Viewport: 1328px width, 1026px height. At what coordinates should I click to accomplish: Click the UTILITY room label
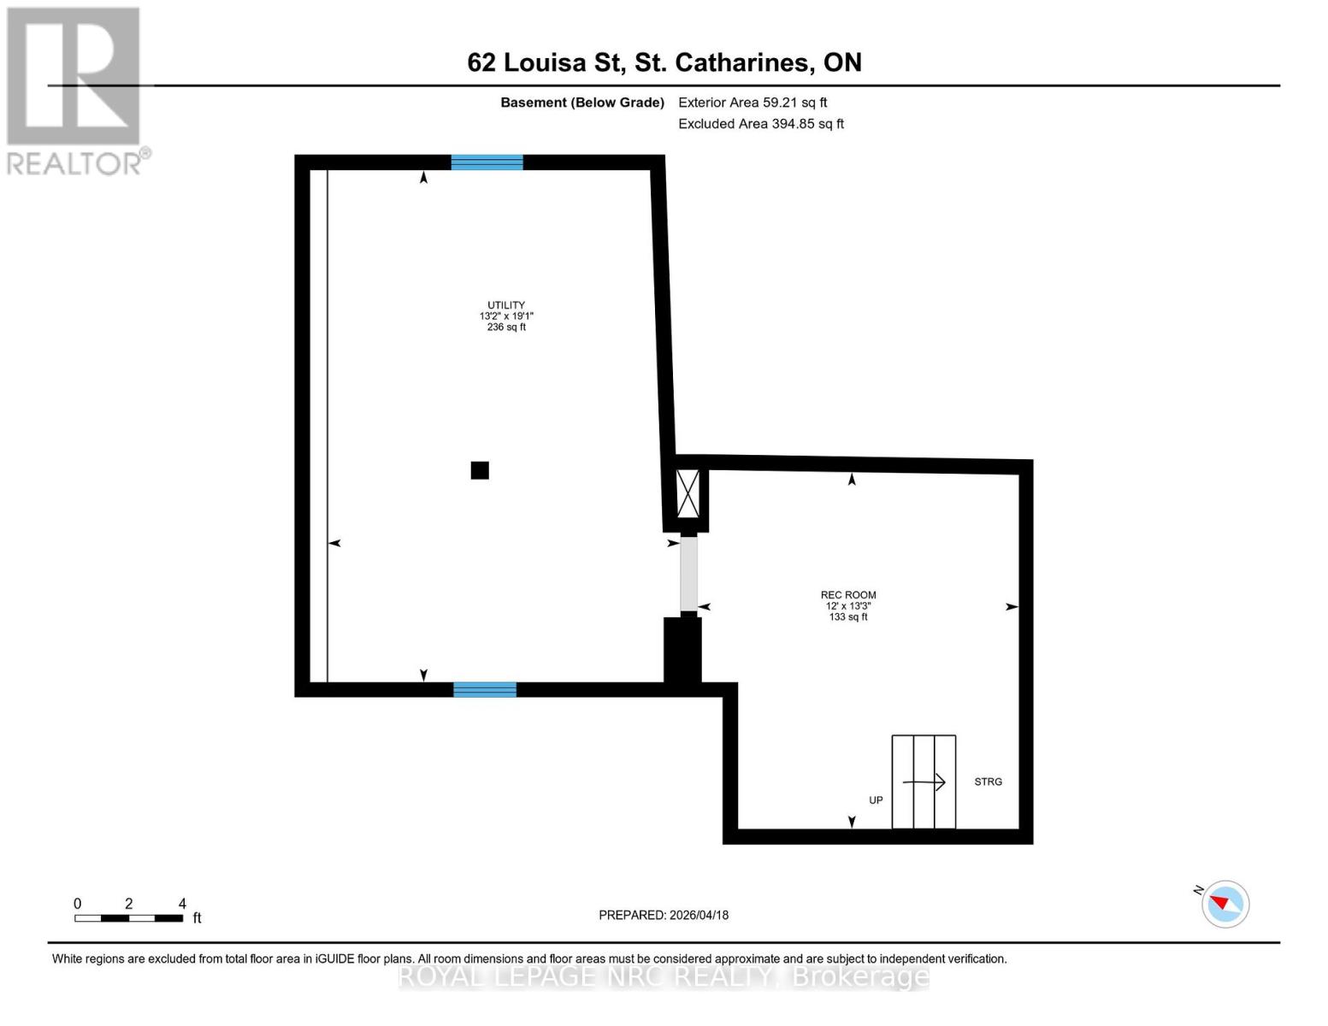(x=506, y=305)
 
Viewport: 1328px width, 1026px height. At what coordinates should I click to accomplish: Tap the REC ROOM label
(x=848, y=595)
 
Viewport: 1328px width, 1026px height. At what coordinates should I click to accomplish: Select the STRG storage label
(x=988, y=781)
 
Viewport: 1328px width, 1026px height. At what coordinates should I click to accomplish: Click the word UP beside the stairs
(x=876, y=800)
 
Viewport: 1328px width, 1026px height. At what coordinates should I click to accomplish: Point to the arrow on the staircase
(x=924, y=781)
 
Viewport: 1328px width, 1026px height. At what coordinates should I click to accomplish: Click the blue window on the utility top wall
(x=487, y=162)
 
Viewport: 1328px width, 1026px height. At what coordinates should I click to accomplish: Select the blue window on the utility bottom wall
(x=485, y=690)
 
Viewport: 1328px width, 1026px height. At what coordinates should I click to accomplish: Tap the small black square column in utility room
(x=480, y=470)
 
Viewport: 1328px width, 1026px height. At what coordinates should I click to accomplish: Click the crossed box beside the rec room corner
(x=688, y=493)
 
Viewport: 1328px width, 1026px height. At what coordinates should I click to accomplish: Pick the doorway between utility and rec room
(x=688, y=575)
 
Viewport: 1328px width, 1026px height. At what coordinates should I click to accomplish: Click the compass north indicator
(x=1225, y=904)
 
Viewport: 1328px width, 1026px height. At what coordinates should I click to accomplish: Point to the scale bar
(x=128, y=918)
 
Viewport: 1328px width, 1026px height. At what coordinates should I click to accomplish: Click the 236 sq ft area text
(x=506, y=327)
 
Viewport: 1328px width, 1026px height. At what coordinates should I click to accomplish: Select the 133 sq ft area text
(x=848, y=617)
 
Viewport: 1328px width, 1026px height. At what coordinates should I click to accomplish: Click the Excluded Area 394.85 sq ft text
(x=761, y=124)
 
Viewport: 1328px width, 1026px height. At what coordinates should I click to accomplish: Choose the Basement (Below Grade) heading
(x=582, y=103)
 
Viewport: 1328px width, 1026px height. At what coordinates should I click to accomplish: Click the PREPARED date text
(x=664, y=915)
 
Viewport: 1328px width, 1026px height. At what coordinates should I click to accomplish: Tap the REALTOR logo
(x=75, y=90)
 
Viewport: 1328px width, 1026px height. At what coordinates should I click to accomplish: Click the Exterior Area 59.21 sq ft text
(x=753, y=103)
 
